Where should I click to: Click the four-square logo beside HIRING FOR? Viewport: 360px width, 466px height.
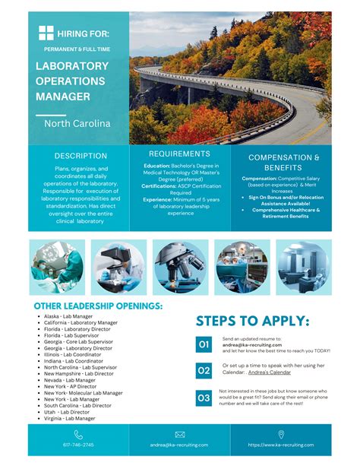click(x=46, y=33)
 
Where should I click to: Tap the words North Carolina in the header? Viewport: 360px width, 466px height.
click(x=77, y=123)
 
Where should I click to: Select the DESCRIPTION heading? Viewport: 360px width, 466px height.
click(x=81, y=156)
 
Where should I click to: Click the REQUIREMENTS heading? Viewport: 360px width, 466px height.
click(x=180, y=154)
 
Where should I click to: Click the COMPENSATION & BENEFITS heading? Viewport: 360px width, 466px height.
click(x=279, y=162)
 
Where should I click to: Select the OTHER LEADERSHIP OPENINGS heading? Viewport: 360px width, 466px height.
click(x=98, y=306)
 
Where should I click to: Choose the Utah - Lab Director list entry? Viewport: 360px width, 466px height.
click(x=68, y=412)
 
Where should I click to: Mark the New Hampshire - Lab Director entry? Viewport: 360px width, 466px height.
click(x=78, y=373)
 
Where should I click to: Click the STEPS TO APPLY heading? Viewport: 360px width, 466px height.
click(x=252, y=321)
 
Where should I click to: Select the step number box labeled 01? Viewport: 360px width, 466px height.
click(x=204, y=344)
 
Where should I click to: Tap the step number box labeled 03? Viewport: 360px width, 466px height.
click(x=204, y=398)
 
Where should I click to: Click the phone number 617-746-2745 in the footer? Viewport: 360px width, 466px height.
click(x=79, y=445)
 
